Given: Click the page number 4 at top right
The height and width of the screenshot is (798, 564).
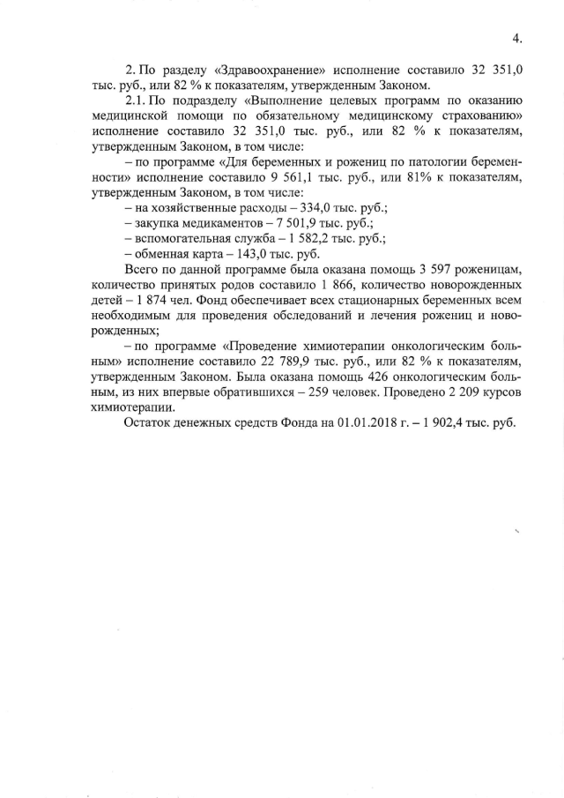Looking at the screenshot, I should (516, 38).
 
